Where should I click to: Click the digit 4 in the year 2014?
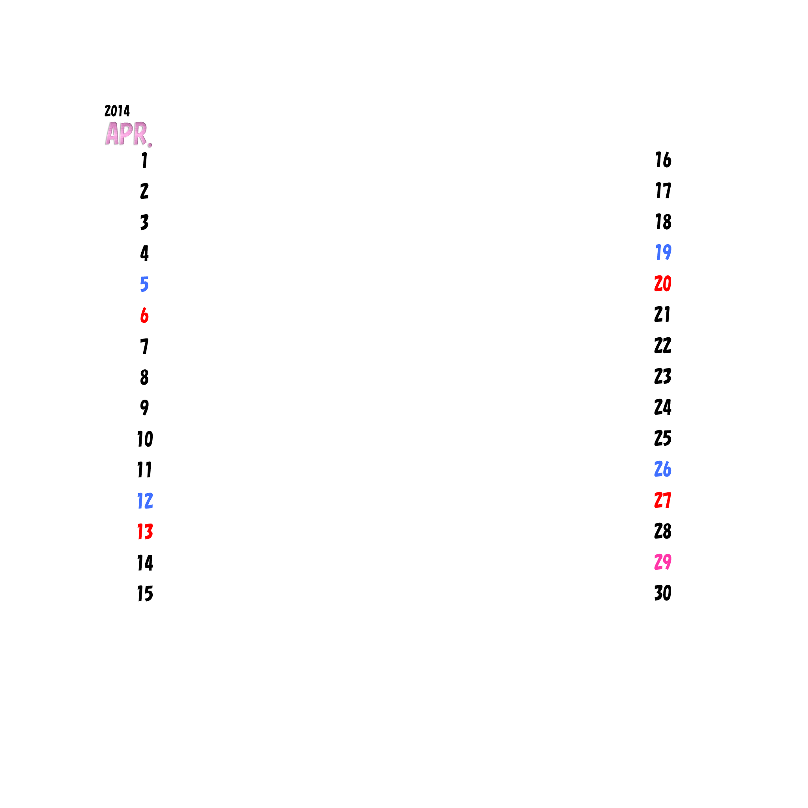coord(126,111)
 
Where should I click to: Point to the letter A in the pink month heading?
coord(112,133)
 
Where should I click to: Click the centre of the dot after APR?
coord(150,145)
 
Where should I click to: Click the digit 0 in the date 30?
coord(668,593)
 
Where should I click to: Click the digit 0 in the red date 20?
coord(668,283)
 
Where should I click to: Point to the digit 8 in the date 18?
coord(668,222)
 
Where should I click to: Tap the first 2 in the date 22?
coord(659,345)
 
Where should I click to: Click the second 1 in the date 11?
coord(149,469)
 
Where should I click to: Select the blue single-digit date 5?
coord(144,284)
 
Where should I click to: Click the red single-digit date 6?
coord(144,315)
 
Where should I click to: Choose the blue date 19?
coord(664,252)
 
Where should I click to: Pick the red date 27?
coord(663,500)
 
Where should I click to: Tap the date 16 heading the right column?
coord(664,160)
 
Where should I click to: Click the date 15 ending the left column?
coord(146,593)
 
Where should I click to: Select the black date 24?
coord(663,407)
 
